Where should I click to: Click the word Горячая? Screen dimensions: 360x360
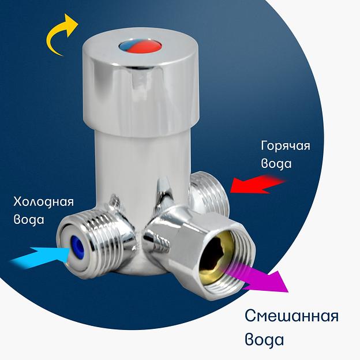(286, 145)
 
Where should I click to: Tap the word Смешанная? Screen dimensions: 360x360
(291, 317)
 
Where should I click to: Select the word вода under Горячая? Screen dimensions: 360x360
(276, 163)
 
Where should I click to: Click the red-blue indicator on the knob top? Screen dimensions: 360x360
(139, 46)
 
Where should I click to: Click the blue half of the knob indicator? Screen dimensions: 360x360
(130, 46)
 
